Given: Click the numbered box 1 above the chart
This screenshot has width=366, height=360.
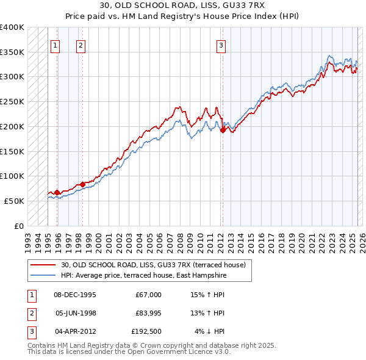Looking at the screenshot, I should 56,45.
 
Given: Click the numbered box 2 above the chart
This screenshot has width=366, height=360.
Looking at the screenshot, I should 81,45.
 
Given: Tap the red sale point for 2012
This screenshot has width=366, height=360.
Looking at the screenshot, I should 223,129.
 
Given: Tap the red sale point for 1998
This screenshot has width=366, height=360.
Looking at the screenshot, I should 82,184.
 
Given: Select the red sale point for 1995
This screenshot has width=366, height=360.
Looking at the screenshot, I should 57,192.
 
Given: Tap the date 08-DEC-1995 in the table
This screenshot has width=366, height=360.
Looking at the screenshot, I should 75,295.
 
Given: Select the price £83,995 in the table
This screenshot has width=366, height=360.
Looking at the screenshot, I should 146,313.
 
